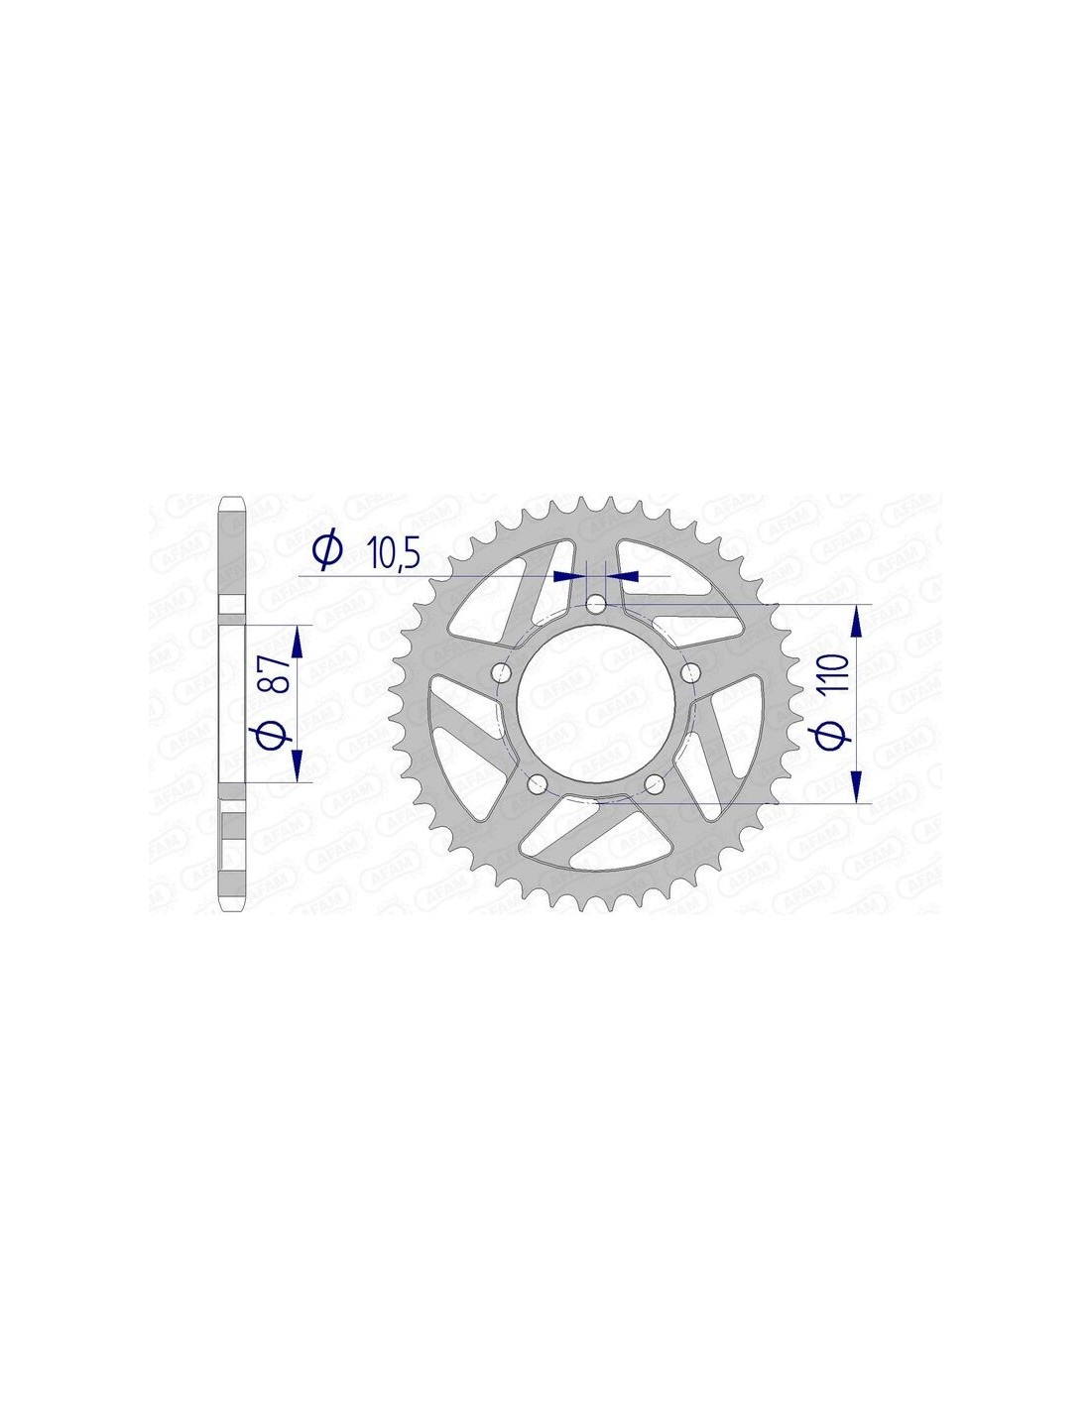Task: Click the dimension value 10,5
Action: [x=395, y=553]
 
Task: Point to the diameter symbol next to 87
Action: [x=273, y=733]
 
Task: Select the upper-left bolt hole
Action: [x=502, y=673]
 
